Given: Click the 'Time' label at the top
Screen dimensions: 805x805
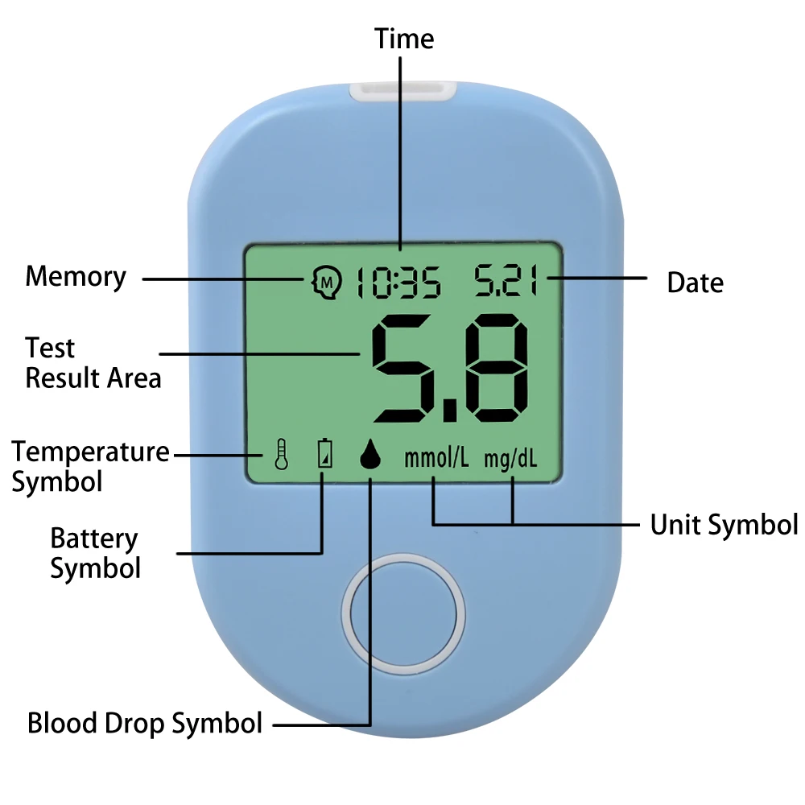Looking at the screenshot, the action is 404,39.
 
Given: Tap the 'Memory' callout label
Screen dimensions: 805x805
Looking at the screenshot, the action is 76,277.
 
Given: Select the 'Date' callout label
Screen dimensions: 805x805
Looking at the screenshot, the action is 696,283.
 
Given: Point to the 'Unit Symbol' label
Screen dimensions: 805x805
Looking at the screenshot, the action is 724,525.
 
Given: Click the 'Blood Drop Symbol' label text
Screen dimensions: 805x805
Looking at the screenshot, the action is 145,724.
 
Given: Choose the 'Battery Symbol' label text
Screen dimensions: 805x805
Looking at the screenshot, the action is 96,554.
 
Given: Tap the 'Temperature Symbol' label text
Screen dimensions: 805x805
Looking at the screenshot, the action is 90,467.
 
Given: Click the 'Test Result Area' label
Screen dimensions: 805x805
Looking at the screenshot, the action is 93,363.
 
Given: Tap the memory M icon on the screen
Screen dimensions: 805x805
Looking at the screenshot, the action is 327,282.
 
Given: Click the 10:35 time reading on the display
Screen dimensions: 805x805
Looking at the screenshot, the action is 398,282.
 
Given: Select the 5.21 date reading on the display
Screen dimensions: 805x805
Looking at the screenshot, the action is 506,280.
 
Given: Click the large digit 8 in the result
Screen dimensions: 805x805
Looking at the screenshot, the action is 496,368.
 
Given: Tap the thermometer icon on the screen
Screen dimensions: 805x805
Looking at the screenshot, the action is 281,454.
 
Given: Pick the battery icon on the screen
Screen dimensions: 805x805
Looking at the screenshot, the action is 324,453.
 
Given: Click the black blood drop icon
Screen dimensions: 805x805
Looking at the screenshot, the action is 370,454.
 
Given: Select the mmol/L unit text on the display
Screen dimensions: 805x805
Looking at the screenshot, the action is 436,458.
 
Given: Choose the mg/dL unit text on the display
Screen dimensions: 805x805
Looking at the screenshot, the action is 510,459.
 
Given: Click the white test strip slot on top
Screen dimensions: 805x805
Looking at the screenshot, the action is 403,93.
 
